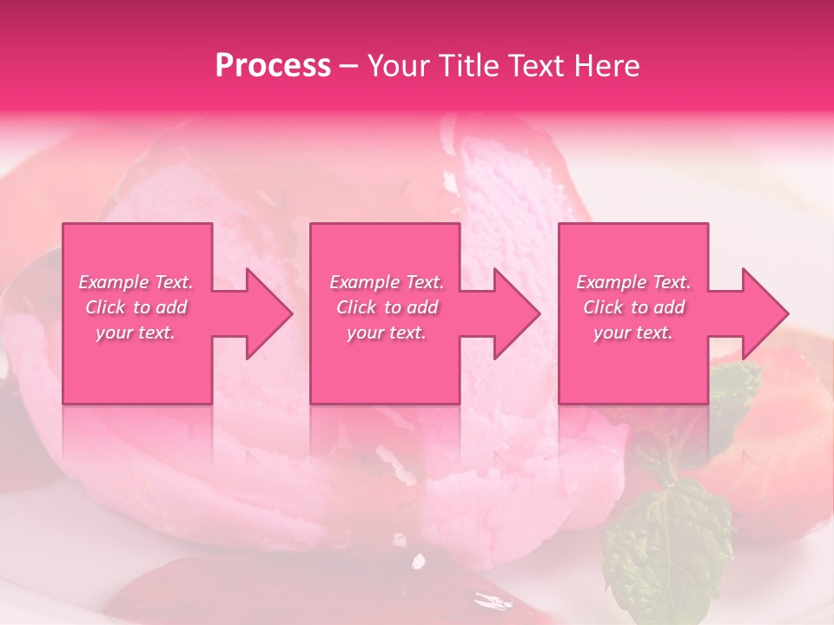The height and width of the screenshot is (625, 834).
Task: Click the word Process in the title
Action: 273,66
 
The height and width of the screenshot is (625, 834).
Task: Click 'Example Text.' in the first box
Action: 136,282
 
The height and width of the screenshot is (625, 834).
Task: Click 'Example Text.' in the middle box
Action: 387,282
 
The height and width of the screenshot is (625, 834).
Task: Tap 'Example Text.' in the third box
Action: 633,282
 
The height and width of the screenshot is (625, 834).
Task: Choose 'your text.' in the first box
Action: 136,332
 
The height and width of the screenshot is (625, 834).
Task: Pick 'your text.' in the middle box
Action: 387,332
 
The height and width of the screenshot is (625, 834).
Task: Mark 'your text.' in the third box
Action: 633,332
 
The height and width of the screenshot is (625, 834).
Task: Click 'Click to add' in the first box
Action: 136,307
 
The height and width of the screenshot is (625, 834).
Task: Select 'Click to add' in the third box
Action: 633,307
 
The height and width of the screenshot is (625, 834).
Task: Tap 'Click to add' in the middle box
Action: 387,307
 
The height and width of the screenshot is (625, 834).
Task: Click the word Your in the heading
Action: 399,66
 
